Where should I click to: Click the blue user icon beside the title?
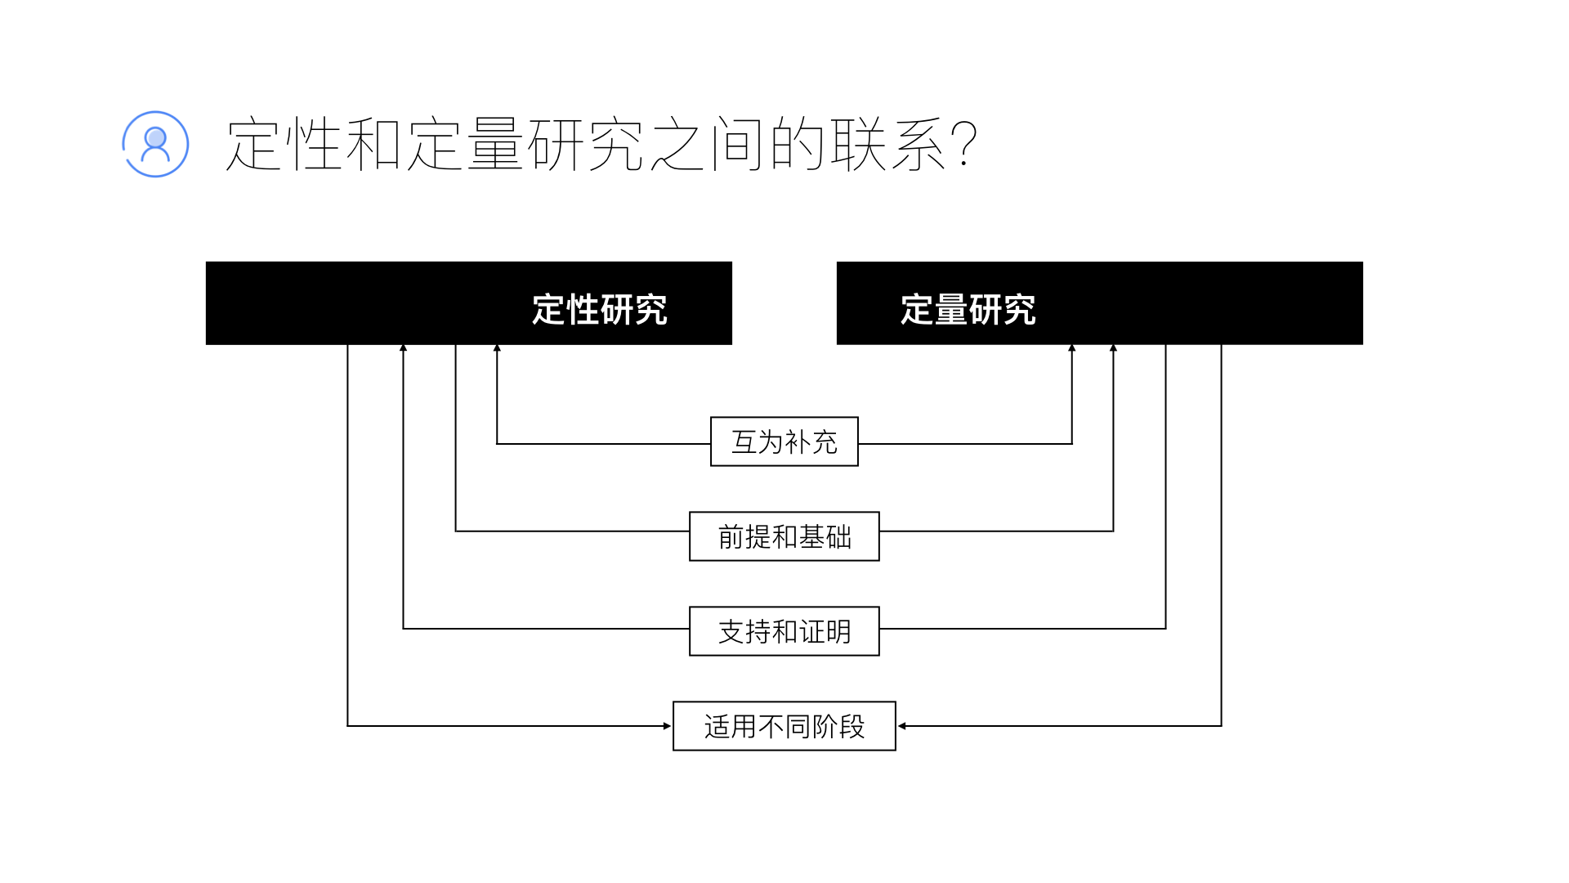click(155, 144)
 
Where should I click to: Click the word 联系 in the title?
click(889, 144)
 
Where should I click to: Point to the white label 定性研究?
click(600, 310)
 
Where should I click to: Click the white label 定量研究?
click(968, 310)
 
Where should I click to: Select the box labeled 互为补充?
click(784, 441)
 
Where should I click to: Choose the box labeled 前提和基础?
click(784, 536)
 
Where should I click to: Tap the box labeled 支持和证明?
click(784, 631)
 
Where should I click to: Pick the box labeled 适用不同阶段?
click(784, 726)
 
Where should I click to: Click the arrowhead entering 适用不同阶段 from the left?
click(667, 726)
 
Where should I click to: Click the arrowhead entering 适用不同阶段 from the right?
click(902, 726)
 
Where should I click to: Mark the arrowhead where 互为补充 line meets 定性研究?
click(497, 348)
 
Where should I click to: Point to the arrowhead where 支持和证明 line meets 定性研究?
click(403, 348)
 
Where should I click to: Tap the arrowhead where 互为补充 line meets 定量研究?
click(1072, 348)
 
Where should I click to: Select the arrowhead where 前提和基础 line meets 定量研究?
click(1113, 348)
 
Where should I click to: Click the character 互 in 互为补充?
click(744, 442)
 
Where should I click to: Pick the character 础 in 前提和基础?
click(838, 537)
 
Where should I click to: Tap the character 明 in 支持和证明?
click(838, 632)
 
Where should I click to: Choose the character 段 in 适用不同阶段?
click(852, 727)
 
